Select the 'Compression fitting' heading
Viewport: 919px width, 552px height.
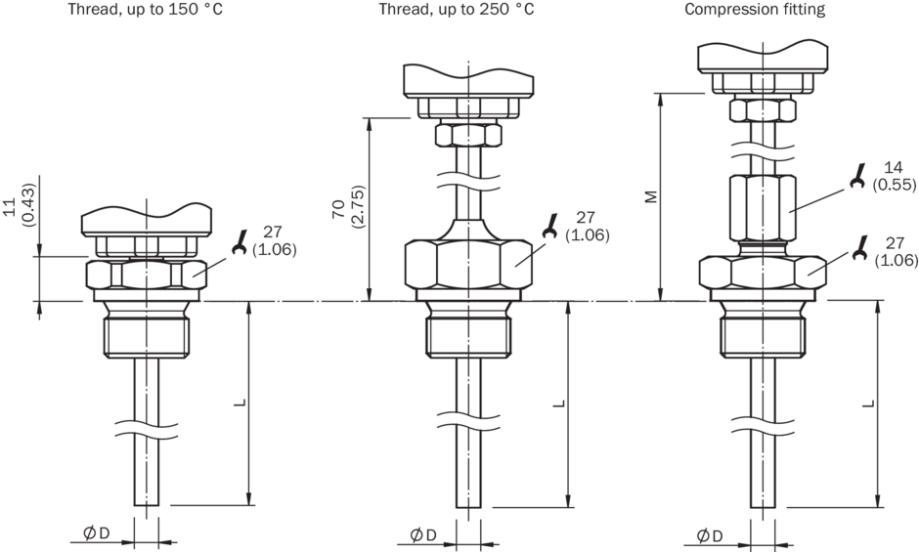coord(755,11)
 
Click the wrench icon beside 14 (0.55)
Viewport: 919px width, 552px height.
coord(857,176)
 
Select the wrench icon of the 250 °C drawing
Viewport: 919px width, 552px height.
coord(550,228)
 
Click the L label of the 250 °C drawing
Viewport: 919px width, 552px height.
coord(556,403)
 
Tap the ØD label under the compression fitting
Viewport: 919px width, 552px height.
coord(711,534)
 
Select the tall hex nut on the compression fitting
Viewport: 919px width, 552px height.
coord(764,206)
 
